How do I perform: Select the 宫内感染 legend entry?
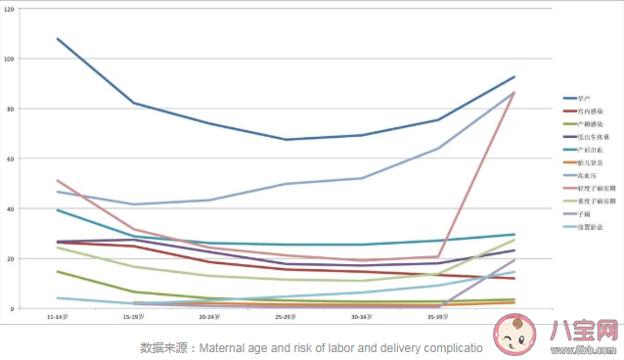pyautogui.click(x=587, y=112)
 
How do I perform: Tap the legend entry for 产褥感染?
pyautogui.click(x=587, y=124)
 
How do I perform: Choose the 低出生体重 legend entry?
pyautogui.click(x=589, y=137)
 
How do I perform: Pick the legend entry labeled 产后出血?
pyautogui.click(x=587, y=150)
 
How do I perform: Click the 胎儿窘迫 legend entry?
pyautogui.click(x=587, y=162)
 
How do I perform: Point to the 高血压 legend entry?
pyautogui.click(x=585, y=175)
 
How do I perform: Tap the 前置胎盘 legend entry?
pyautogui.click(x=587, y=226)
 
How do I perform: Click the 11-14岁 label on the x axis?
pyautogui.click(x=58, y=317)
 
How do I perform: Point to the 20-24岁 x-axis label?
pyautogui.click(x=209, y=317)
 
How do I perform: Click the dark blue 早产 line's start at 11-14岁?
pyautogui.click(x=58, y=39)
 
